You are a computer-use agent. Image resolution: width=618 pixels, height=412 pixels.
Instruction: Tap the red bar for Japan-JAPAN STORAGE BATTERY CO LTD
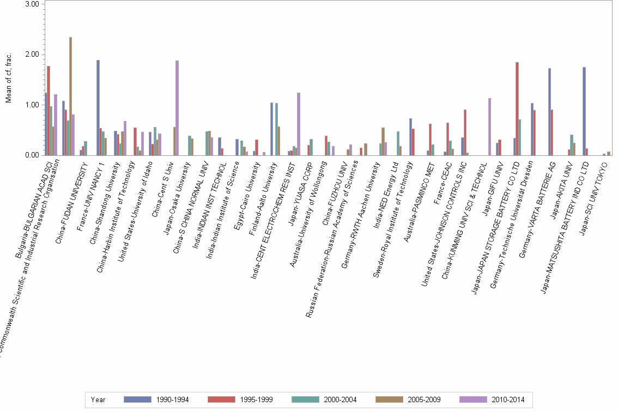point(517,108)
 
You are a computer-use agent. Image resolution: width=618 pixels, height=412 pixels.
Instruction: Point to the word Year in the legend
point(98,400)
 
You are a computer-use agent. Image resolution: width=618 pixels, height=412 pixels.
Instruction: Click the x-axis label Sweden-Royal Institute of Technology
point(395,218)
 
